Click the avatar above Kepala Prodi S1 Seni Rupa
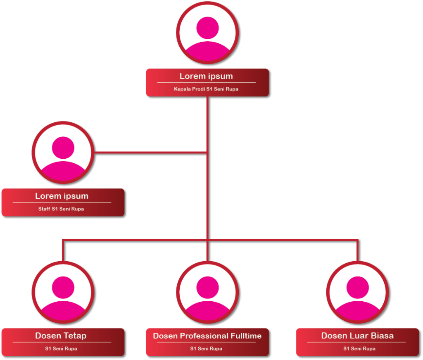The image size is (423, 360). point(207,33)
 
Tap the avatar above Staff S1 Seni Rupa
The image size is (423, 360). point(63,152)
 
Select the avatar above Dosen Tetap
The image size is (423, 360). point(63,292)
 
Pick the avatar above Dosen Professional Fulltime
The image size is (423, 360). point(207,292)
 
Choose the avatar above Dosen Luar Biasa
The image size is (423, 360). point(357,292)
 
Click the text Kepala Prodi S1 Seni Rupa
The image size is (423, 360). point(206,89)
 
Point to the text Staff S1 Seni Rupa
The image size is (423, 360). point(61,209)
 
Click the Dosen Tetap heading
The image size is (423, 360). point(61,336)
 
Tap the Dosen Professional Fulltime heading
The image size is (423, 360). point(207,336)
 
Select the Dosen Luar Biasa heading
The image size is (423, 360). point(357,336)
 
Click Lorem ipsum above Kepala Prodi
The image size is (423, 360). point(206,76)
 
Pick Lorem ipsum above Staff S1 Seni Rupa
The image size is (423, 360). point(62,196)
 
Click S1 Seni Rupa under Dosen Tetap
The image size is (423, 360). point(61,349)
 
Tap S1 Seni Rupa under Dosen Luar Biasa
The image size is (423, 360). point(359,349)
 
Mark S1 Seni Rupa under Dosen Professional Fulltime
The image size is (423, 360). point(206,349)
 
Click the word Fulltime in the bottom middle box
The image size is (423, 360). point(246,336)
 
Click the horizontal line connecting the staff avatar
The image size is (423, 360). point(150,153)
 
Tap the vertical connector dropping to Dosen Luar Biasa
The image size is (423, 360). point(357,250)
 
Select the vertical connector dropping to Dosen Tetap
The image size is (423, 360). point(63,250)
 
